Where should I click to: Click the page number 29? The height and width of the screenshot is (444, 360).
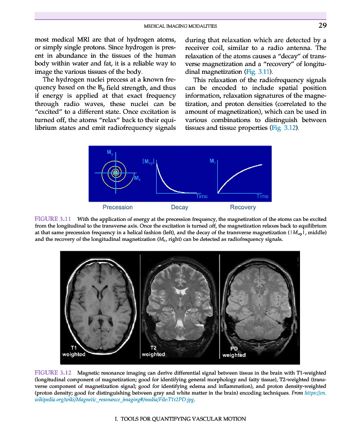(322, 25)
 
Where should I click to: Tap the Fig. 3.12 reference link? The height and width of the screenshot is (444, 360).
(283, 128)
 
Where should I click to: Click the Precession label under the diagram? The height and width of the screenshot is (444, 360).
(118, 207)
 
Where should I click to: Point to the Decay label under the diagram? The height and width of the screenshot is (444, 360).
(180, 207)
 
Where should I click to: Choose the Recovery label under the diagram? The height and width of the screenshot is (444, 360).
(243, 207)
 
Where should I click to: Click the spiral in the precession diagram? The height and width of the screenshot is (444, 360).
(116, 173)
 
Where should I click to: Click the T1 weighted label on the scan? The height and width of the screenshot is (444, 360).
(73, 350)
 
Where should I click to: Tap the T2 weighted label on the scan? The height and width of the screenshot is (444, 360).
(152, 350)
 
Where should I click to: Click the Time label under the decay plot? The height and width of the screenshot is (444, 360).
(201, 196)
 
